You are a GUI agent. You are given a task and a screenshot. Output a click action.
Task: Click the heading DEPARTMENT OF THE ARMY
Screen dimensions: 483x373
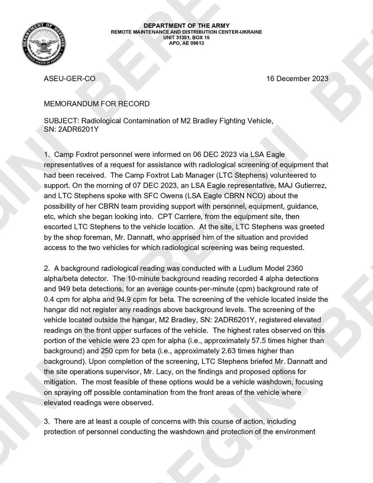pyautogui.click(x=186, y=26)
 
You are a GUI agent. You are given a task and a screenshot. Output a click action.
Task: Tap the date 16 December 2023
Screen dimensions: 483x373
pyautogui.click(x=297, y=78)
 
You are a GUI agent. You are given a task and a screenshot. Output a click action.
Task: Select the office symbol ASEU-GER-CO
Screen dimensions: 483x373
pyautogui.click(x=69, y=78)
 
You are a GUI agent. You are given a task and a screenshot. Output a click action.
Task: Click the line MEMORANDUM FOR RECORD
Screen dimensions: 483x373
pyautogui.click(x=97, y=104)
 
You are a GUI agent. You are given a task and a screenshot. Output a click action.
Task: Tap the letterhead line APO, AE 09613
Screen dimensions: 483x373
pyautogui.click(x=186, y=43)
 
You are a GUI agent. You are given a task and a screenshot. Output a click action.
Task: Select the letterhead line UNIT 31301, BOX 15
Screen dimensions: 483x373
pyautogui.click(x=186, y=38)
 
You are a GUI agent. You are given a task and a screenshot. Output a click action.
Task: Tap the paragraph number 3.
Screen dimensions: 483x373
pyautogui.click(x=46, y=422)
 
